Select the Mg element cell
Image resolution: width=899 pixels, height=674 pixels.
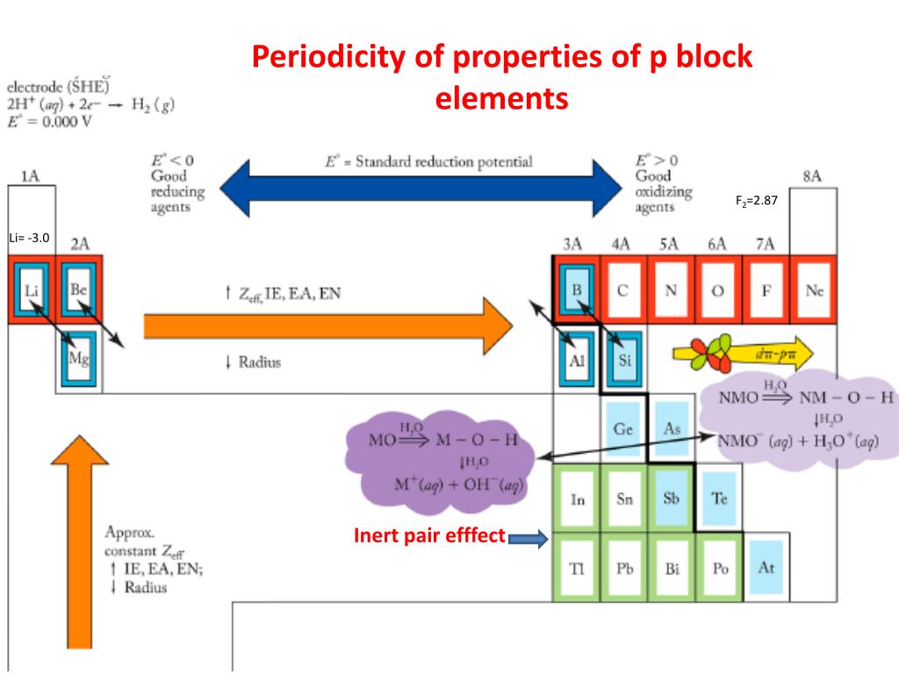pos(77,359)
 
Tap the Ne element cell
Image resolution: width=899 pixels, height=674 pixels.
pos(814,290)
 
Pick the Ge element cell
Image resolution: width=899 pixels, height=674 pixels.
pos(623,429)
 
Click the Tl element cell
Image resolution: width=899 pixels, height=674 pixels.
pos(576,568)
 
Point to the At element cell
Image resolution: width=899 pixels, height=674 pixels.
pos(766,567)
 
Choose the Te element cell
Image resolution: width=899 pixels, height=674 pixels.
pos(719,498)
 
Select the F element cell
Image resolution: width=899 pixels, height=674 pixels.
pos(766,290)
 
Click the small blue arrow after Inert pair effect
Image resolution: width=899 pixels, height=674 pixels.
pos(528,537)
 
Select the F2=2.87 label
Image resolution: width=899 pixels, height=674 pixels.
pos(757,201)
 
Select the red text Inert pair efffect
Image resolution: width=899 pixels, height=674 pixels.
pos(429,534)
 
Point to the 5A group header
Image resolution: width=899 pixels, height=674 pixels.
pos(671,245)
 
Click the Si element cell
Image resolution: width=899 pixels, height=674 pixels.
pos(623,359)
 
